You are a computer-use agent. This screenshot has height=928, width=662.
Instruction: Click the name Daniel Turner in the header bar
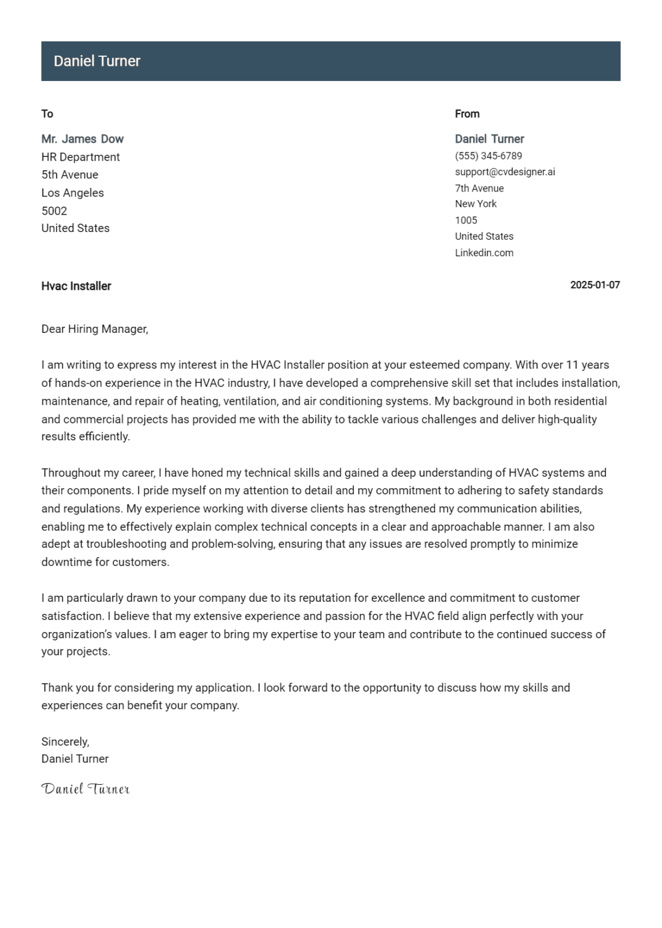(97, 61)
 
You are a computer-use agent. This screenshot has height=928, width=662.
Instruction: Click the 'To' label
(47, 114)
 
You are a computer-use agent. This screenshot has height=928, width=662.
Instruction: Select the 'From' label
(467, 114)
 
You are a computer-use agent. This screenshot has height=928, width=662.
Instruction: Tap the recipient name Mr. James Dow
(82, 139)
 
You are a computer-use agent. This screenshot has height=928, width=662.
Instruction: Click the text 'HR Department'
(80, 157)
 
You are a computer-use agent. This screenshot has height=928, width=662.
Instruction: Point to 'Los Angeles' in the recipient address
(73, 193)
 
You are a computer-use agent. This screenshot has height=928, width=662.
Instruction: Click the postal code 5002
(54, 211)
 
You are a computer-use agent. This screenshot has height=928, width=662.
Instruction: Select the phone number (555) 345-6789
(488, 156)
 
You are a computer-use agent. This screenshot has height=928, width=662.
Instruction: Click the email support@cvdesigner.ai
(504, 172)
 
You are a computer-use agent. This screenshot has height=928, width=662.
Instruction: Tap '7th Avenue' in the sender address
(479, 188)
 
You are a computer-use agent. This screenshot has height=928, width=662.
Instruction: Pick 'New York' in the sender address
(475, 204)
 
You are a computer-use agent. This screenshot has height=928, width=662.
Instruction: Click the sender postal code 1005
(466, 221)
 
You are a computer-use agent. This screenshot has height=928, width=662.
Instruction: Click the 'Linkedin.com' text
(484, 253)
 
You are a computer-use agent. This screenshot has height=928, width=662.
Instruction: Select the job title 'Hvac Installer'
(76, 286)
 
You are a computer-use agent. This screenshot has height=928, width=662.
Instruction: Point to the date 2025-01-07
(594, 285)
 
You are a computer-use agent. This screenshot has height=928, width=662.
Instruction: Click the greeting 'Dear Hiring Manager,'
(94, 329)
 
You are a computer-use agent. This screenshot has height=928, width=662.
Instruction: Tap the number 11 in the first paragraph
(571, 365)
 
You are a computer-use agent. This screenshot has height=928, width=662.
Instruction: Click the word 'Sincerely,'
(65, 742)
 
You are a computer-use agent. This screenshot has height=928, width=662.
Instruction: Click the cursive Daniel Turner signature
(85, 788)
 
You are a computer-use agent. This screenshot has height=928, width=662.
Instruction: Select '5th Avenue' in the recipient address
(70, 175)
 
